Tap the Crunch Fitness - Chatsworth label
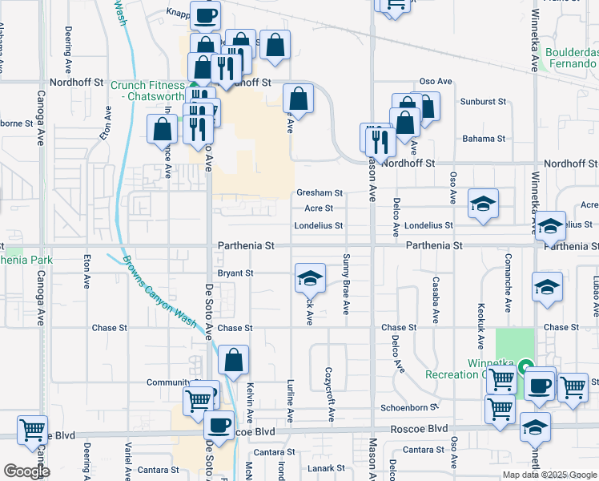tap(148, 91)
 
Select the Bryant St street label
tap(235, 273)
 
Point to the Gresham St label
tap(320, 193)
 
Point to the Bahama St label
tap(484, 139)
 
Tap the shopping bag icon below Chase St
tap(233, 362)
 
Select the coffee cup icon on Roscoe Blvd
tap(219, 426)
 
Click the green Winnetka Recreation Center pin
tap(525, 368)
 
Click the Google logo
tap(26, 471)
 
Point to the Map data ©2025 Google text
tap(549, 475)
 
